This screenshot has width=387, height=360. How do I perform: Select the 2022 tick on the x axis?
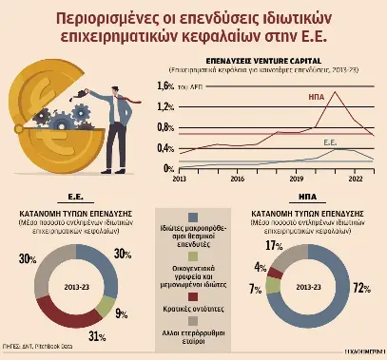354,178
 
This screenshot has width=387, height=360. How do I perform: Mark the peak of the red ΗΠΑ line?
335,91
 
